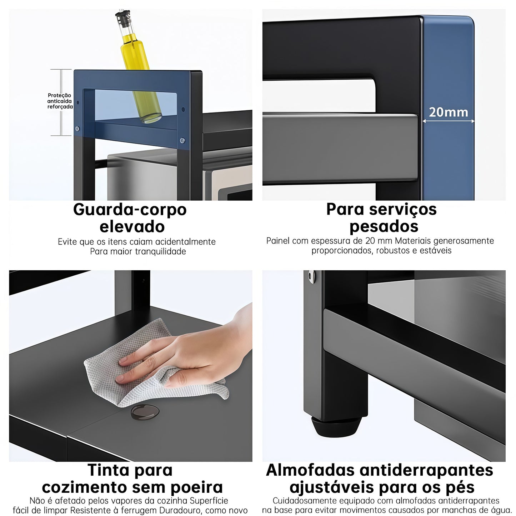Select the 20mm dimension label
pyautogui.click(x=449, y=112)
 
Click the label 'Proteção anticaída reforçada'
pyautogui.click(x=60, y=101)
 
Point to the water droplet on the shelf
pyautogui.click(x=145, y=412)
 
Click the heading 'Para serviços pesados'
pyautogui.click(x=381, y=217)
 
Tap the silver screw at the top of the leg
pyautogui.click(x=312, y=276)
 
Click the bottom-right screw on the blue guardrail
pyautogui.click(x=182, y=141)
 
